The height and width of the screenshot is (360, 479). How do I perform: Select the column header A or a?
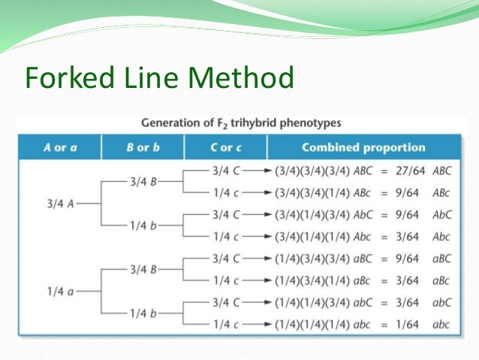60,147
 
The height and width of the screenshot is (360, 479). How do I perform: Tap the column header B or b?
143,147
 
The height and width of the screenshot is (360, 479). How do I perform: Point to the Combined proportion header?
363,147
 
